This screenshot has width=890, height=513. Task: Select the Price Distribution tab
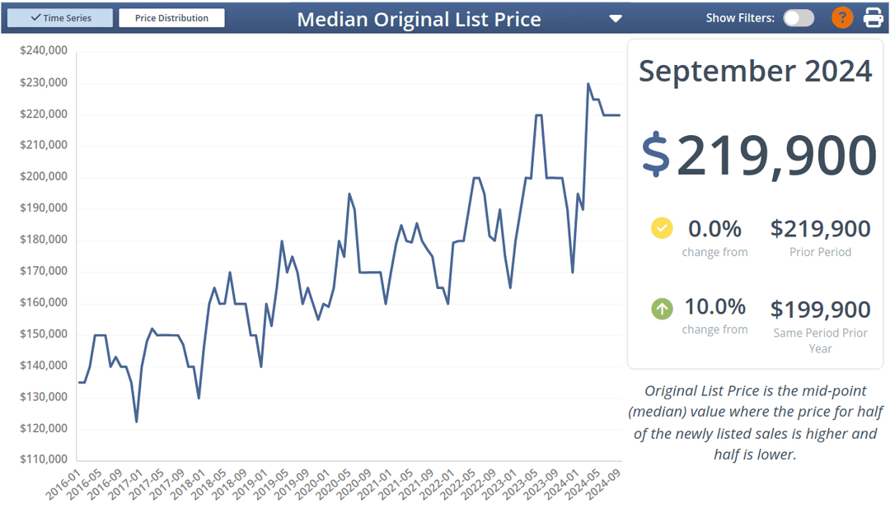pos(171,18)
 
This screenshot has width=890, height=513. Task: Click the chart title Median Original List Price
pos(419,19)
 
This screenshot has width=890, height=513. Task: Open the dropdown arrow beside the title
pos(616,19)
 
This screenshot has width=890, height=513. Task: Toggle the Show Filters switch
pos(798,18)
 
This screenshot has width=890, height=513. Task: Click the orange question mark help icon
pos(841,17)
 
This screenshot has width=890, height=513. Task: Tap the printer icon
pos(873,17)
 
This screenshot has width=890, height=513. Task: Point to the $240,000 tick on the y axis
pos(44,51)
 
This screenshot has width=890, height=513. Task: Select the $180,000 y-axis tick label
pos(44,240)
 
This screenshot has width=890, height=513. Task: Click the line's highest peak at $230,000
pos(588,83)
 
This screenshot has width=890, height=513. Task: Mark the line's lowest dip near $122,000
pos(136,422)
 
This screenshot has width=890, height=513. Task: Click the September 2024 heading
pos(755,71)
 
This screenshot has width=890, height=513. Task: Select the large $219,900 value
pos(758,155)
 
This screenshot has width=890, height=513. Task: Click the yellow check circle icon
pos(662,228)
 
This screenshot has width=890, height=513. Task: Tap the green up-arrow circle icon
pos(662,309)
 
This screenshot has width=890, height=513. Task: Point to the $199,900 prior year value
pos(820,310)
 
